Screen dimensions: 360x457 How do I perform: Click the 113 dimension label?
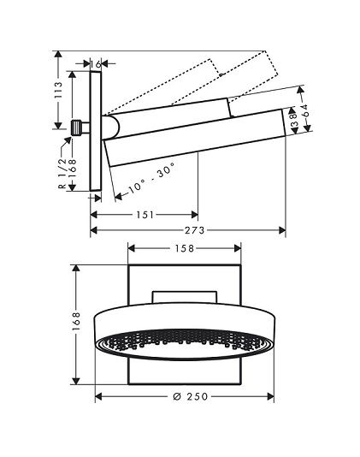point(58,90)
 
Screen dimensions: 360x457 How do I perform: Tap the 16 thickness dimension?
point(95,64)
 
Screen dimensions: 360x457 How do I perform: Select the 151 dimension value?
point(145,215)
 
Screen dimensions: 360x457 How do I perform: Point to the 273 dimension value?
point(195,230)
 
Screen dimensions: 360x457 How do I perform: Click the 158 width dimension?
point(184,248)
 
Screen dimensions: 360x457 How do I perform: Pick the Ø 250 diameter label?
point(190,396)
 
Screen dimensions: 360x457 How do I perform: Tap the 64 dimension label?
point(305,110)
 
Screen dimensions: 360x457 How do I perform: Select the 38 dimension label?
point(294,120)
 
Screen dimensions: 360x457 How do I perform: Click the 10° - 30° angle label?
point(151,178)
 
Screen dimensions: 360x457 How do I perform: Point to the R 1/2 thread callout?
point(62,174)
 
